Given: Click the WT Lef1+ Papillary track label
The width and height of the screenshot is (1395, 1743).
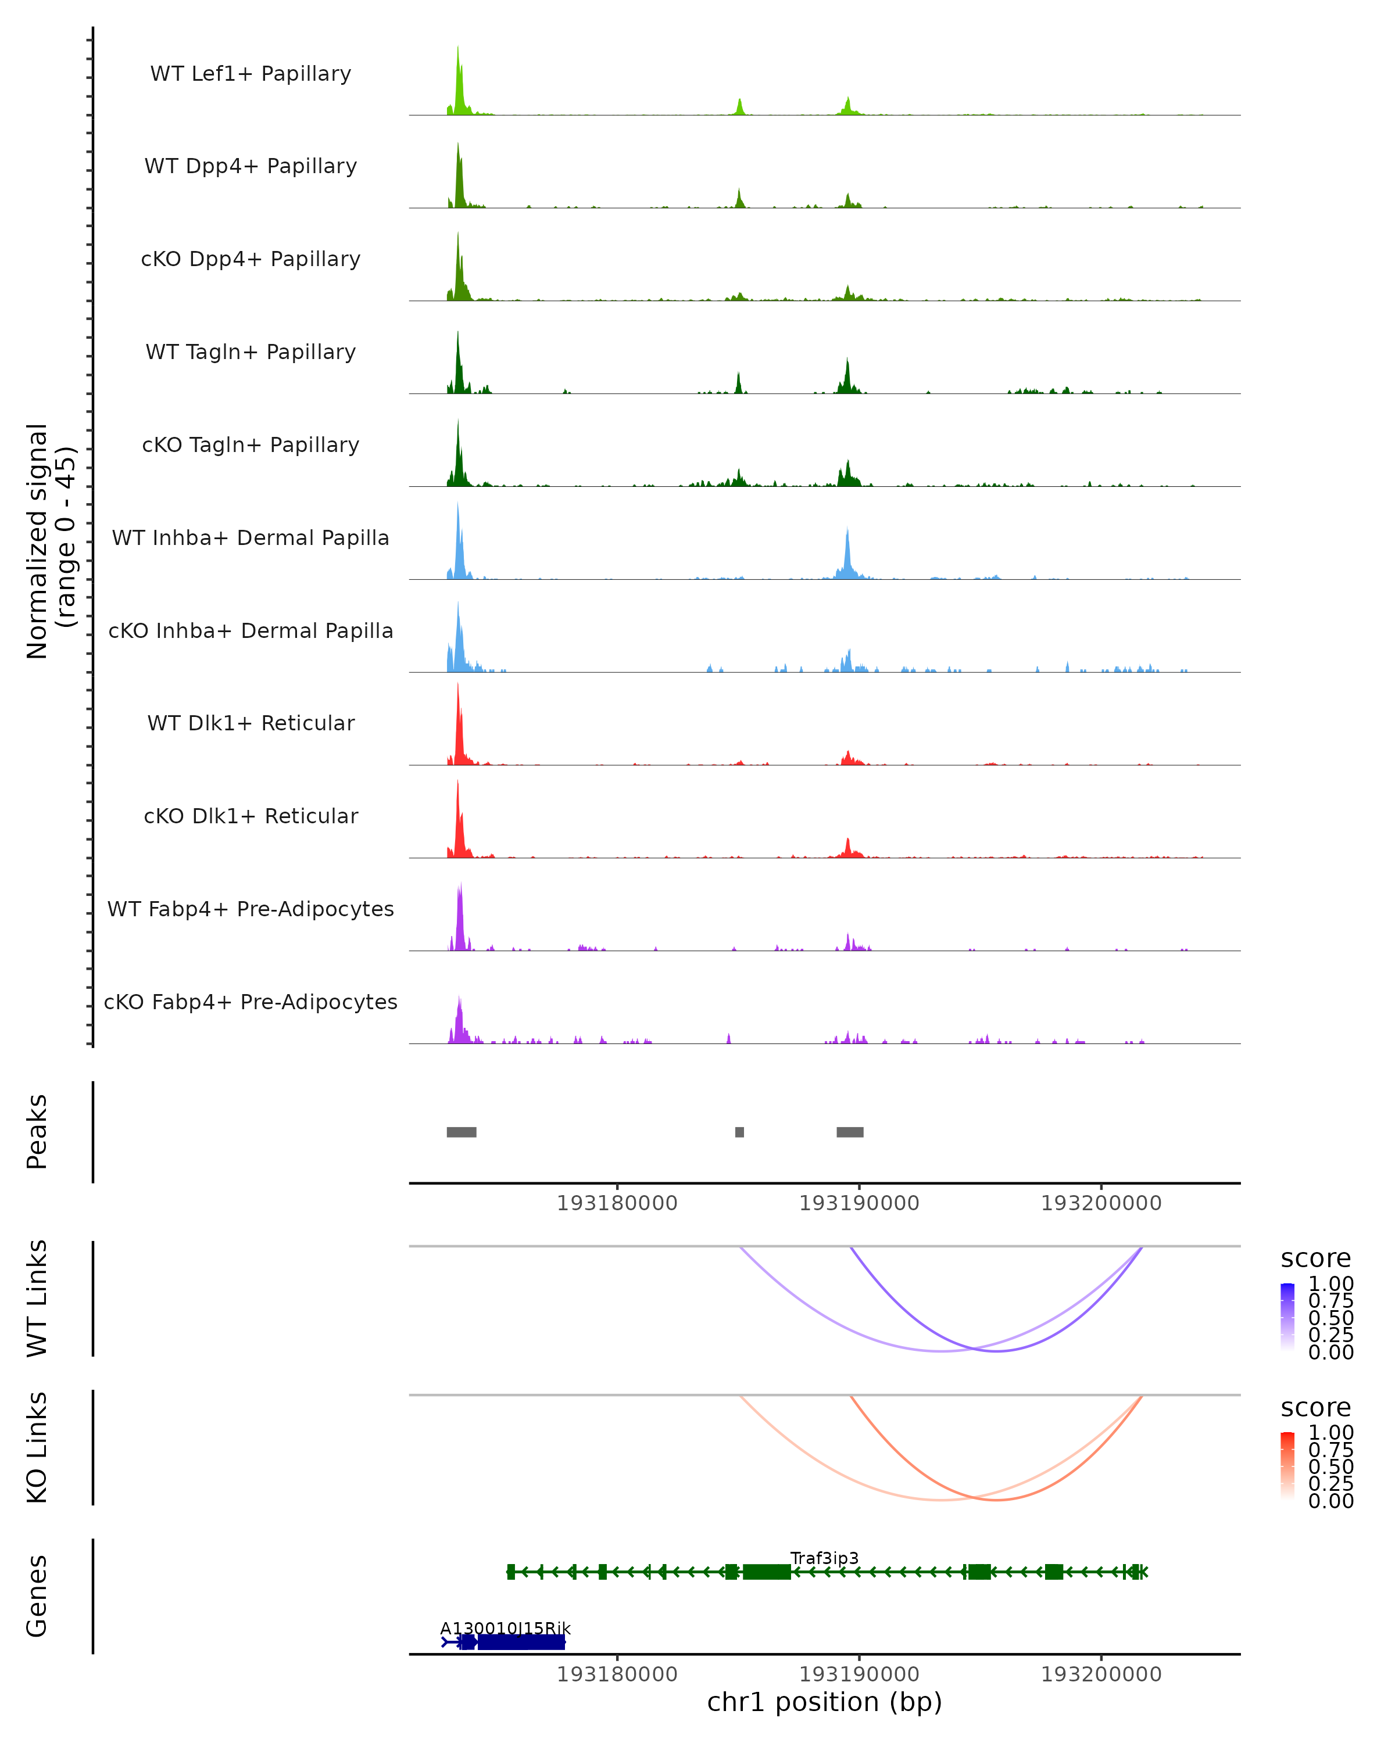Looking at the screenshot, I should (251, 74).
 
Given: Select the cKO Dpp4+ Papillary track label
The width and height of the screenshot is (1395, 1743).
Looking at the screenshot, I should (251, 260).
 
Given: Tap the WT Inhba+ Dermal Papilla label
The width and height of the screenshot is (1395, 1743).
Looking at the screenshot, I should (251, 539).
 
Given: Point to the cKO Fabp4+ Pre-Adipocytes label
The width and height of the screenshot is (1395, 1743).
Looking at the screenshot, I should (251, 1002).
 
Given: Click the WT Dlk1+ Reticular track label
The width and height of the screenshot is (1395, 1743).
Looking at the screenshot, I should (251, 723).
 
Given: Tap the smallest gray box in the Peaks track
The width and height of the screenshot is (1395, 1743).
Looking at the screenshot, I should (739, 1132).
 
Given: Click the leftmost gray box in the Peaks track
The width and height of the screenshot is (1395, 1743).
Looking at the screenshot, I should (461, 1132).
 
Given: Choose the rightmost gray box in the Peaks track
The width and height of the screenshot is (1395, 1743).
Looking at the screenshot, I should (850, 1132).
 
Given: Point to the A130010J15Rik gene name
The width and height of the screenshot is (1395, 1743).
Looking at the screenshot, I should (505, 1628).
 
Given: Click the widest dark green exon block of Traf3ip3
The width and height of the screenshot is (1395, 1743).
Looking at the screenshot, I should (767, 1572).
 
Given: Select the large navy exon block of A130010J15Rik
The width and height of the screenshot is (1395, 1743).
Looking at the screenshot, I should (521, 1642).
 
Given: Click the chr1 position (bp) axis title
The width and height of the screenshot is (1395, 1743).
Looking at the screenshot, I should (824, 1702).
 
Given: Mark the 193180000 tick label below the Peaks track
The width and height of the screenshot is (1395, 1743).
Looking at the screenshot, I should (617, 1203).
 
